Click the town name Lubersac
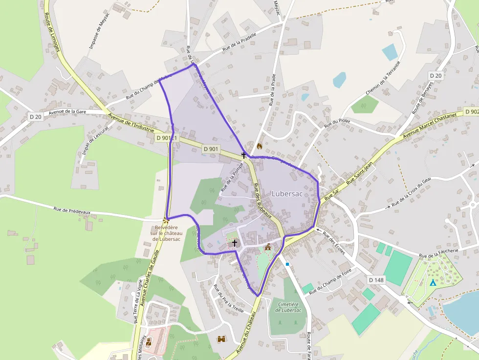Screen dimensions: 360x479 click(x=287, y=194)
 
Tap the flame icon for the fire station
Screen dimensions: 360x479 click(x=259, y=146)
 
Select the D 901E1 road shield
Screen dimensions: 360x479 click(x=168, y=138)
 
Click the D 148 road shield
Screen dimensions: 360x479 click(x=376, y=279)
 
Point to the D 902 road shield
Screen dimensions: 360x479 click(x=472, y=111)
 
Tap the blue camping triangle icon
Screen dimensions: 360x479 click(x=433, y=282)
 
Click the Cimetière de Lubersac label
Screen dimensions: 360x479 click(x=288, y=307)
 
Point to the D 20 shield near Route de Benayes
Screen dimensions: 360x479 click(x=435, y=76)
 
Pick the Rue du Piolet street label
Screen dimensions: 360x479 click(x=337, y=123)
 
